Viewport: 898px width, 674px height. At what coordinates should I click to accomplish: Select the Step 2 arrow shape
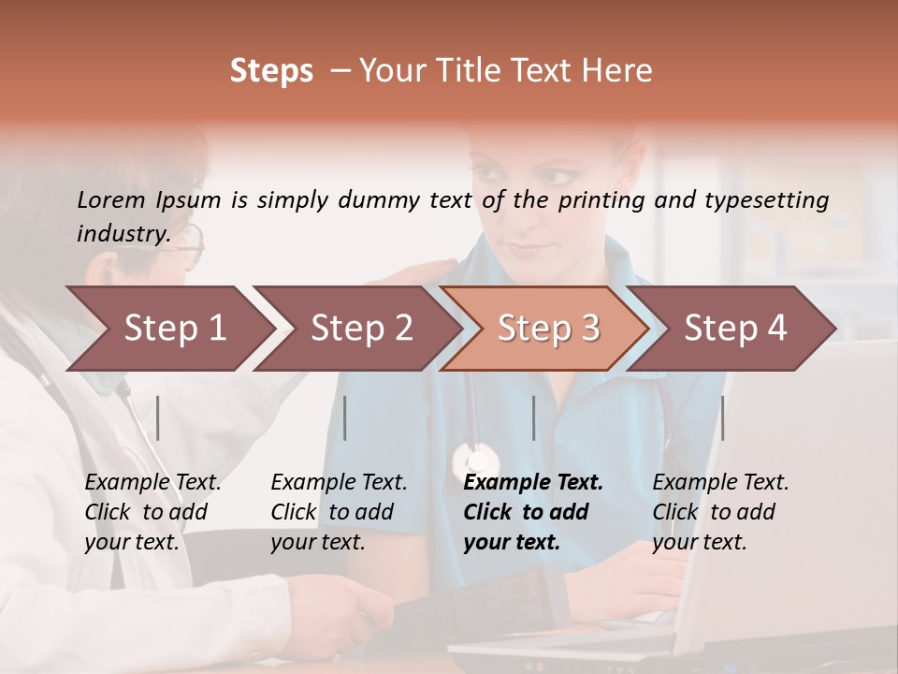pyautogui.click(x=360, y=329)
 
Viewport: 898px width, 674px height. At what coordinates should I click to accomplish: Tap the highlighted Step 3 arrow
pyautogui.click(x=547, y=329)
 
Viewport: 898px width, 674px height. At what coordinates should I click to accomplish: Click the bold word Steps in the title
pyautogui.click(x=271, y=71)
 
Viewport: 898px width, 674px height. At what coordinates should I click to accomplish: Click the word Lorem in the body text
pyautogui.click(x=110, y=199)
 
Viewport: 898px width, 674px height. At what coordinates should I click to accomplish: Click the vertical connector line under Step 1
pyautogui.click(x=158, y=418)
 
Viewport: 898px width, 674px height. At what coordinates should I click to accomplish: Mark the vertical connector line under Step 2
pyautogui.click(x=345, y=418)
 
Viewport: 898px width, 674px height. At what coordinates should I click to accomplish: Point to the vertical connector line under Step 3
pyautogui.click(x=533, y=418)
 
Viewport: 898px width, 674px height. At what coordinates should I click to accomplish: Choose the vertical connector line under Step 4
pyautogui.click(x=722, y=418)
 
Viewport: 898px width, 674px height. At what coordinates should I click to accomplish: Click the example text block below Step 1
pyautogui.click(x=152, y=512)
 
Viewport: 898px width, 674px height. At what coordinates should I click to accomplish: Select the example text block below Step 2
pyautogui.click(x=339, y=512)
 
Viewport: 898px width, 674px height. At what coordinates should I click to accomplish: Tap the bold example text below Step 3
pyautogui.click(x=533, y=512)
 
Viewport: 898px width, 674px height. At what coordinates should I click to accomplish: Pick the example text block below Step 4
pyautogui.click(x=720, y=512)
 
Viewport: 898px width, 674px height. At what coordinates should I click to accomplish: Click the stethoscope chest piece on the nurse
pyautogui.click(x=476, y=461)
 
